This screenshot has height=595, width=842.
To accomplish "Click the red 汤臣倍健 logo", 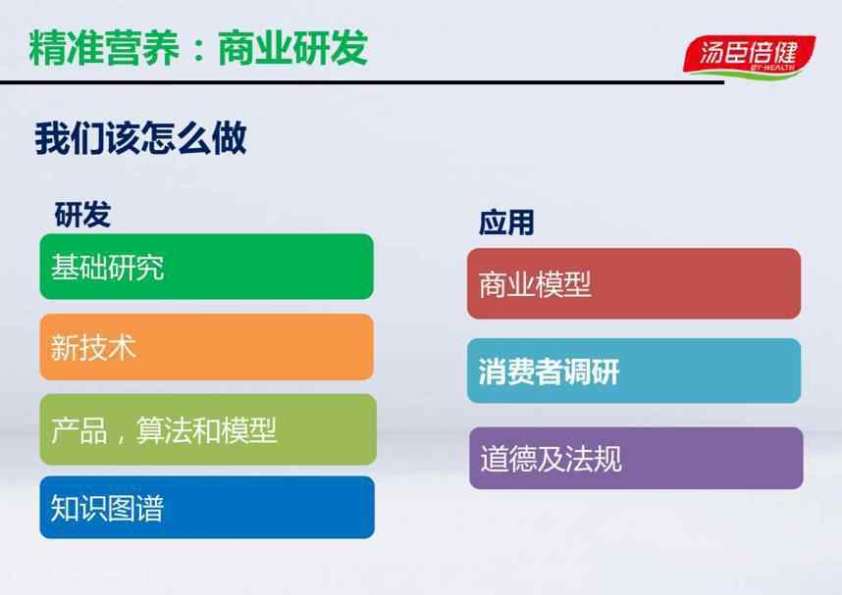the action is (749, 55).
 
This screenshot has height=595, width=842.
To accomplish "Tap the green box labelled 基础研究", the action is (207, 267).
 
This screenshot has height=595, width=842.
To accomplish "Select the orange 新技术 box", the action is (207, 347).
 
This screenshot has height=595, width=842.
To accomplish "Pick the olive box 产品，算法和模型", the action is (208, 429).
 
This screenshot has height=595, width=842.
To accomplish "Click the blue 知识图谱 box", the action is (207, 507).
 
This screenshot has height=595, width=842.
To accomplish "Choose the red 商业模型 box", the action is (634, 284).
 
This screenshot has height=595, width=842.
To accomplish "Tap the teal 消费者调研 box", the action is (634, 371).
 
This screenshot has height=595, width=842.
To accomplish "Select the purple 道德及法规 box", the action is (636, 458).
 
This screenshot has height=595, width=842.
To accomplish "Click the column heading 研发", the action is (82, 215).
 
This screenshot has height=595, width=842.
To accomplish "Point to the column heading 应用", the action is (506, 223).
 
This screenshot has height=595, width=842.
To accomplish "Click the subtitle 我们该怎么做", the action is (140, 138).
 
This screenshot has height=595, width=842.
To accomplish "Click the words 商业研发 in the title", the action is (293, 48).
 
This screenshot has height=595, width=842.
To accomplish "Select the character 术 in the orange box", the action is (122, 347).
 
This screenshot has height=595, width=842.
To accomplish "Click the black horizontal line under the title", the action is (362, 82).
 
